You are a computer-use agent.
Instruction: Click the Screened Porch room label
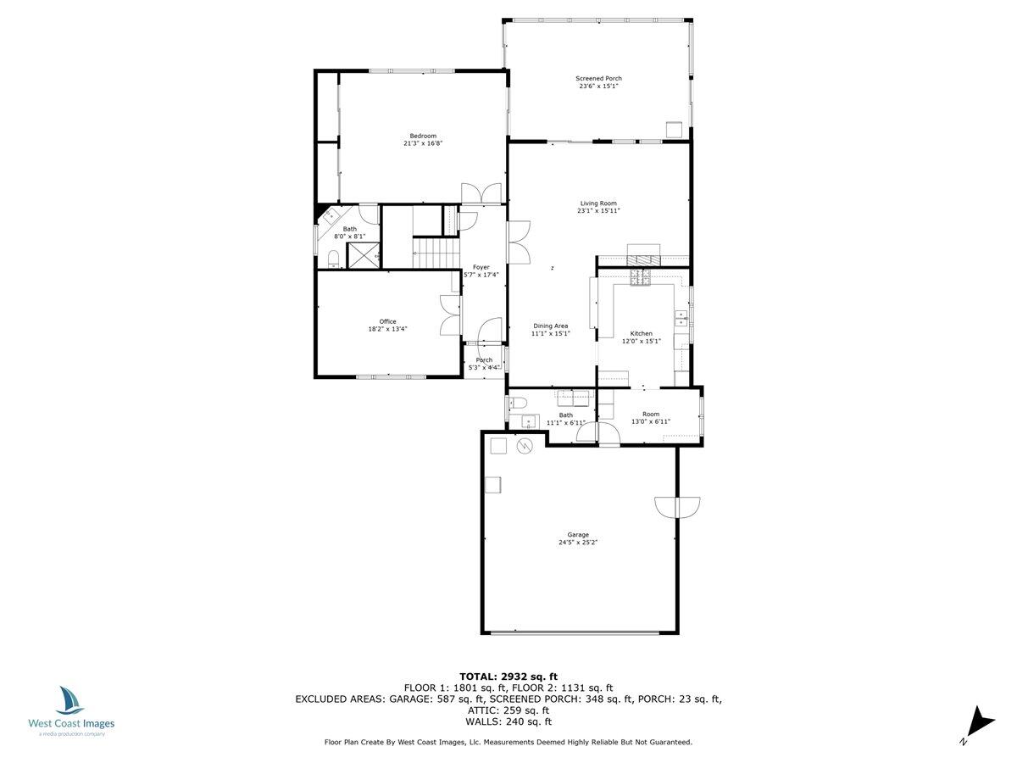pyautogui.click(x=599, y=78)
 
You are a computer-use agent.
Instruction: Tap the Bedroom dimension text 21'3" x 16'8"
pyautogui.click(x=423, y=144)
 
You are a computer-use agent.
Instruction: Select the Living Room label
pyautogui.click(x=598, y=203)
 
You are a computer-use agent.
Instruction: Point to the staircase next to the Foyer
pyautogui.click(x=433, y=252)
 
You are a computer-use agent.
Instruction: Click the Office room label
pyautogui.click(x=387, y=321)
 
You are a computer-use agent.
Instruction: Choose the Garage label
pyautogui.click(x=578, y=534)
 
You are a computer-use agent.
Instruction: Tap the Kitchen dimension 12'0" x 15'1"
pyautogui.click(x=641, y=341)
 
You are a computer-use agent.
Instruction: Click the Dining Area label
pyautogui.click(x=550, y=326)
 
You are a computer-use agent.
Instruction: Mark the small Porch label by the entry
pyautogui.click(x=483, y=359)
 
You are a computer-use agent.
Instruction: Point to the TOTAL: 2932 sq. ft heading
pyautogui.click(x=508, y=676)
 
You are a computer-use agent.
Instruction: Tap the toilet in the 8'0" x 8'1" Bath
pyautogui.click(x=333, y=259)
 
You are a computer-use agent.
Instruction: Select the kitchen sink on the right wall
pyautogui.click(x=681, y=318)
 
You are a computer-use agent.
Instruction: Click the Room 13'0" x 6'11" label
pyautogui.click(x=650, y=414)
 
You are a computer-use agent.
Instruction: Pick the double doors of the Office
pyautogui.click(x=447, y=316)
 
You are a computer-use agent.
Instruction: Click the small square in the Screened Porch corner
pyautogui.click(x=674, y=129)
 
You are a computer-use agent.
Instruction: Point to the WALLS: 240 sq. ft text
pyautogui.click(x=508, y=722)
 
